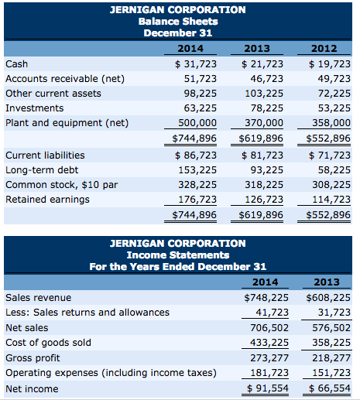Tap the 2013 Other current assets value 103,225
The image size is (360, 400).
tap(262, 93)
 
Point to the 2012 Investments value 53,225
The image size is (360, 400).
tap(332, 108)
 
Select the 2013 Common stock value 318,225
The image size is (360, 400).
tap(262, 184)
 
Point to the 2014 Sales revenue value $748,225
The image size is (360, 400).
tap(266, 297)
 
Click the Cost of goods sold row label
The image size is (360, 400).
tap(48, 342)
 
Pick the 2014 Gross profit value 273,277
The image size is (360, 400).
tap(268, 357)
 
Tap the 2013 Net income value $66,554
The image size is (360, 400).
tap(330, 388)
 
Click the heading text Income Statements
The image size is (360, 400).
tap(178, 255)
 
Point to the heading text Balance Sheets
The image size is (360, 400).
tap(178, 21)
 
